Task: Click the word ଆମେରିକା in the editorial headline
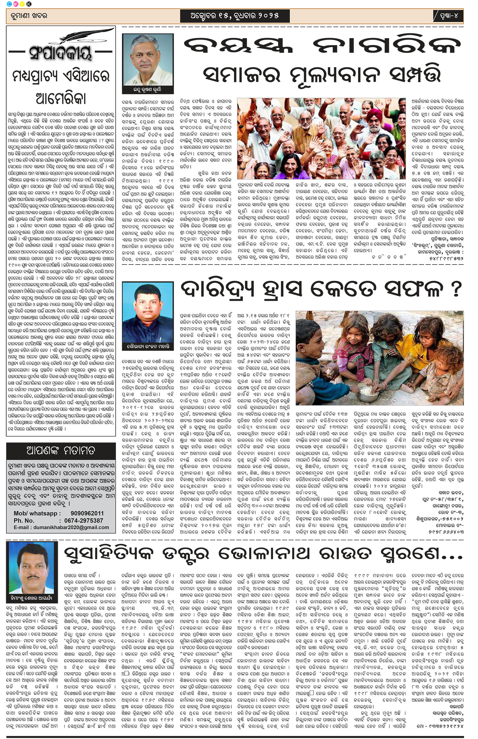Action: coord(61,98)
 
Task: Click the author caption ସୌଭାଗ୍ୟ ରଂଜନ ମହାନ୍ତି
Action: coord(148,346)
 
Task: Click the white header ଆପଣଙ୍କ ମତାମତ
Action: coord(61,450)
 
